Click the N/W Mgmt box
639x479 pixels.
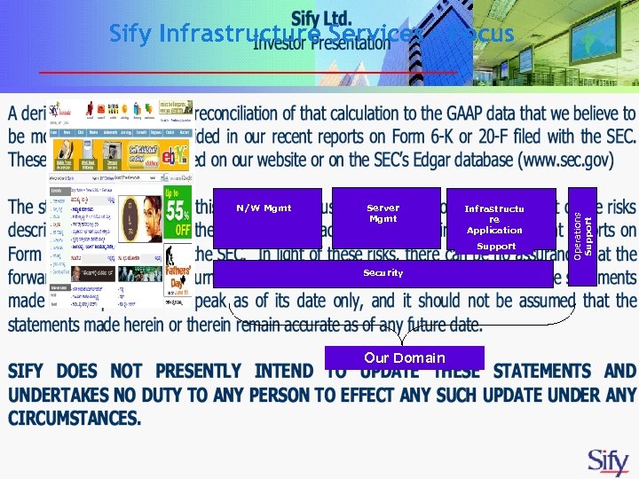267,217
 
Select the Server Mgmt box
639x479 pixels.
385,217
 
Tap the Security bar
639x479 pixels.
383,273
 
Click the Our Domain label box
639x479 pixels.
404,357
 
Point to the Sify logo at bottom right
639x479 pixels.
609,461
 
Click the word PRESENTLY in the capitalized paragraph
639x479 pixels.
188,370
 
